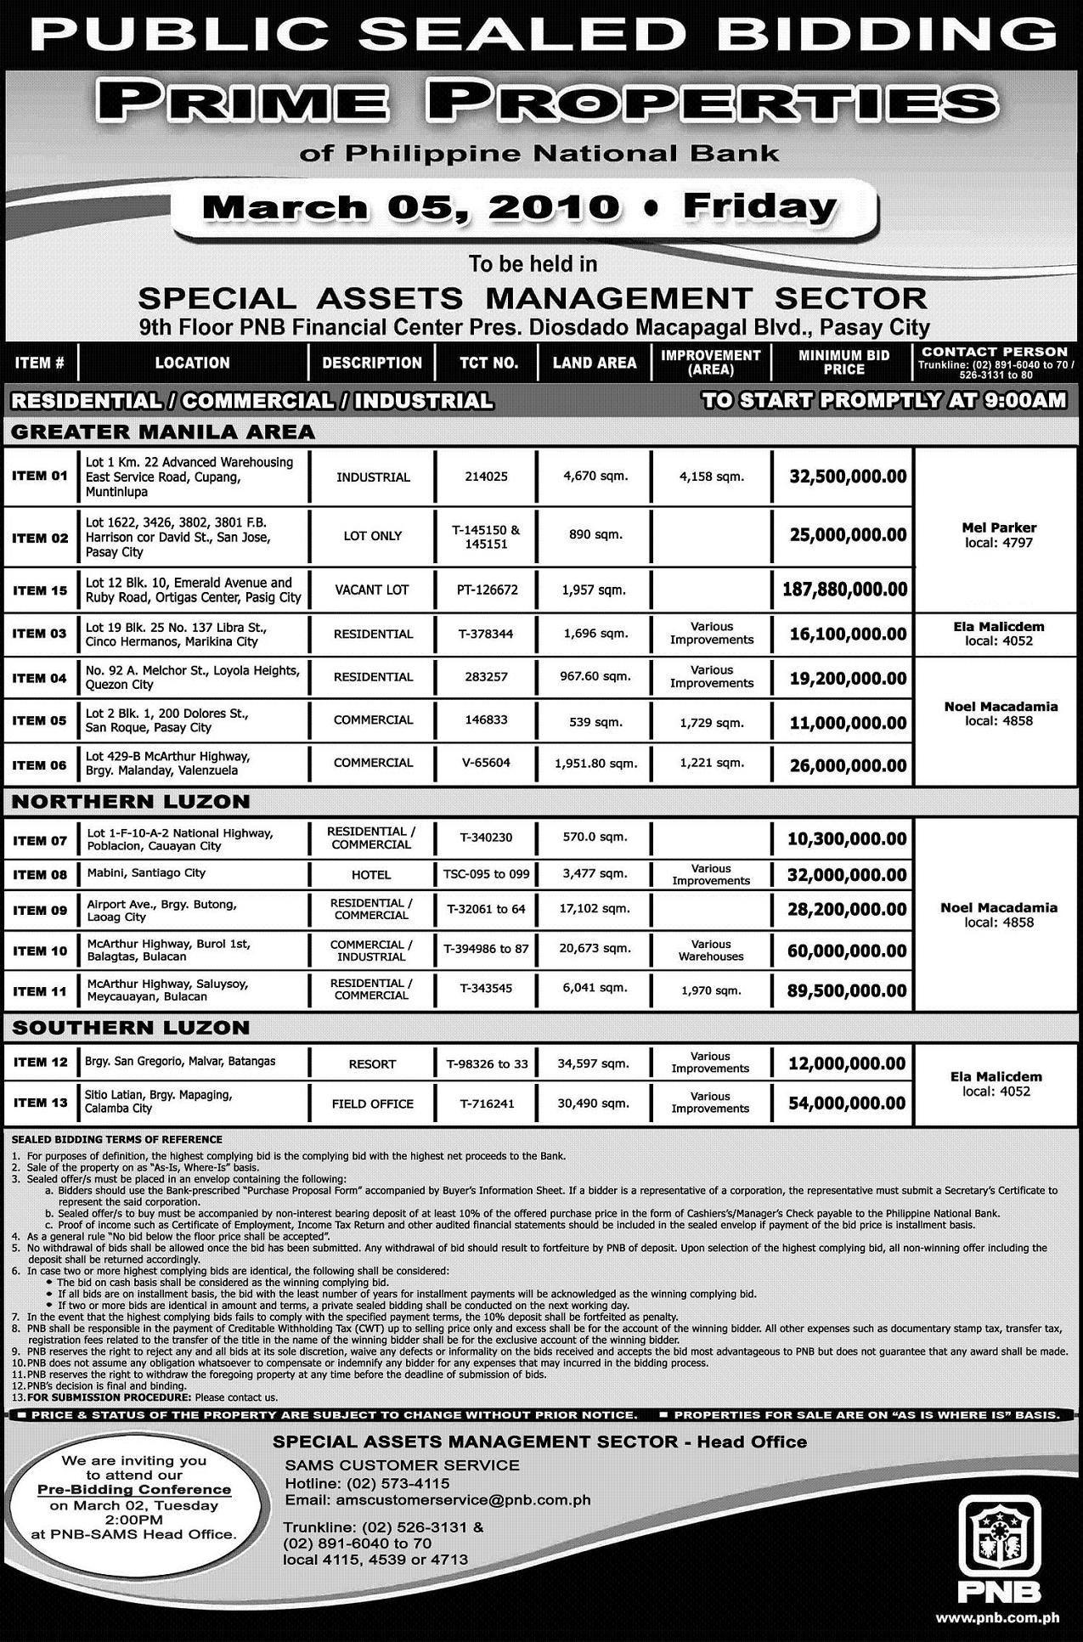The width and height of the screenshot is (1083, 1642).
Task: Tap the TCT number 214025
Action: tap(486, 477)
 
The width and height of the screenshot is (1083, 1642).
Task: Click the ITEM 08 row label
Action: tap(40, 873)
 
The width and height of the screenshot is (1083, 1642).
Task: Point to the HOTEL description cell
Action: tap(371, 875)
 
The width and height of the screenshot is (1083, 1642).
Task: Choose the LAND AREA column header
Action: tap(594, 363)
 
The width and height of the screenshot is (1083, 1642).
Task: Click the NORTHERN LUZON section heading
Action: tap(131, 801)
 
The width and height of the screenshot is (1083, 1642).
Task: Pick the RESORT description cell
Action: tap(372, 1064)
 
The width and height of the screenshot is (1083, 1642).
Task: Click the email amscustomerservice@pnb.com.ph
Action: tap(437, 1499)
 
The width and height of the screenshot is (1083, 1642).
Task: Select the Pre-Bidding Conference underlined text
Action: tap(134, 1489)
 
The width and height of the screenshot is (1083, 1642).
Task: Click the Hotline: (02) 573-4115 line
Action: tap(367, 1482)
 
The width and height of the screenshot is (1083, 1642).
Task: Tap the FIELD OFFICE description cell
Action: tap(372, 1104)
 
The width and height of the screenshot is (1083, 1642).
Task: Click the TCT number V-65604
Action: tap(486, 763)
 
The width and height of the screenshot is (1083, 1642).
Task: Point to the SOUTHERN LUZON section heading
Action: tap(131, 1027)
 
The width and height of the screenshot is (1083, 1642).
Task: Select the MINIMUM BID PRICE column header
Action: tap(843, 363)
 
